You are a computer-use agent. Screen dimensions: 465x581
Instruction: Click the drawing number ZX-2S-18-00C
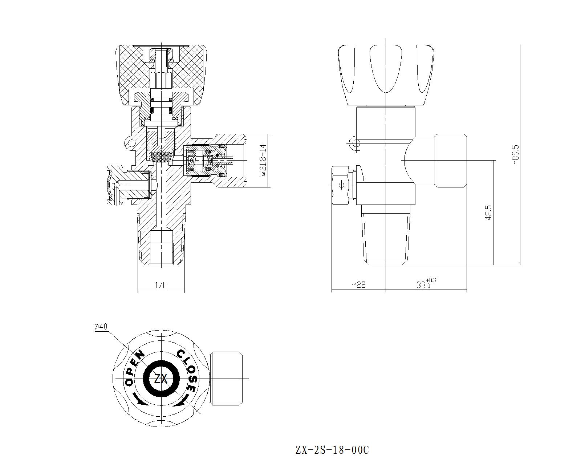pyautogui.click(x=332, y=450)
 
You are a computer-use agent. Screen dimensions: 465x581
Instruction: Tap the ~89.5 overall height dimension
pyautogui.click(x=516, y=155)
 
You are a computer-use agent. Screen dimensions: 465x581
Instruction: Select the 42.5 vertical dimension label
pyautogui.click(x=488, y=213)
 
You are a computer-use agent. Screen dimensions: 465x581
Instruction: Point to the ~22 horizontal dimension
pyautogui.click(x=358, y=284)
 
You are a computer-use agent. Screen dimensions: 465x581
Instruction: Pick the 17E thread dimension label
pyautogui.click(x=161, y=285)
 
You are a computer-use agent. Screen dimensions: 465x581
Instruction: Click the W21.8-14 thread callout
pyautogui.click(x=263, y=161)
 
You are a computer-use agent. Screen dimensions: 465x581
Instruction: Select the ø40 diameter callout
pyautogui.click(x=101, y=327)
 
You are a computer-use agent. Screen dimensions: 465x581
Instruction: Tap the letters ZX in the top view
pyautogui.click(x=161, y=379)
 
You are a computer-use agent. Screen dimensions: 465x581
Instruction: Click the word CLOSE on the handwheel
pyautogui.click(x=188, y=371)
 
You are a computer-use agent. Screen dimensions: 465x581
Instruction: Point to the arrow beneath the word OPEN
pyautogui.click(x=140, y=400)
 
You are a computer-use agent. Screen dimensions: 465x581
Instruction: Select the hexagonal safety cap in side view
pyautogui.click(x=341, y=185)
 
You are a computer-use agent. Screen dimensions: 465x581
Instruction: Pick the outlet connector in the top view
pyautogui.click(x=226, y=378)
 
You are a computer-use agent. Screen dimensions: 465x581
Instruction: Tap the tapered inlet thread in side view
pyautogui.click(x=386, y=238)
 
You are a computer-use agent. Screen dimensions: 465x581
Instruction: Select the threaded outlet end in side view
pyautogui.click(x=451, y=160)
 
